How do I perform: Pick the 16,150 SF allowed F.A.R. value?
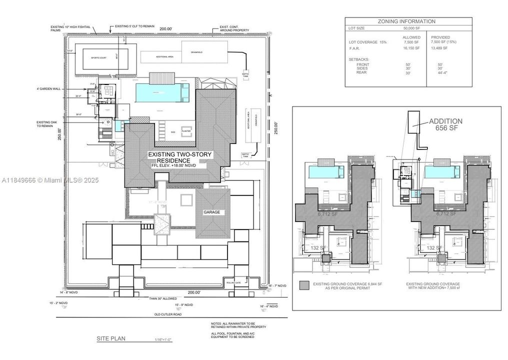412,48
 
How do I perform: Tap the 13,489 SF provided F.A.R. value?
439,48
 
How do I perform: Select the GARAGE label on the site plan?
211,212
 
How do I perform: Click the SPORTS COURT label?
99,58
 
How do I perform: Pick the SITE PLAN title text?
110,338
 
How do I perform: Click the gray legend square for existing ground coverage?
303,285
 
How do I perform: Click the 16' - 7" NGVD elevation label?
277,284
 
